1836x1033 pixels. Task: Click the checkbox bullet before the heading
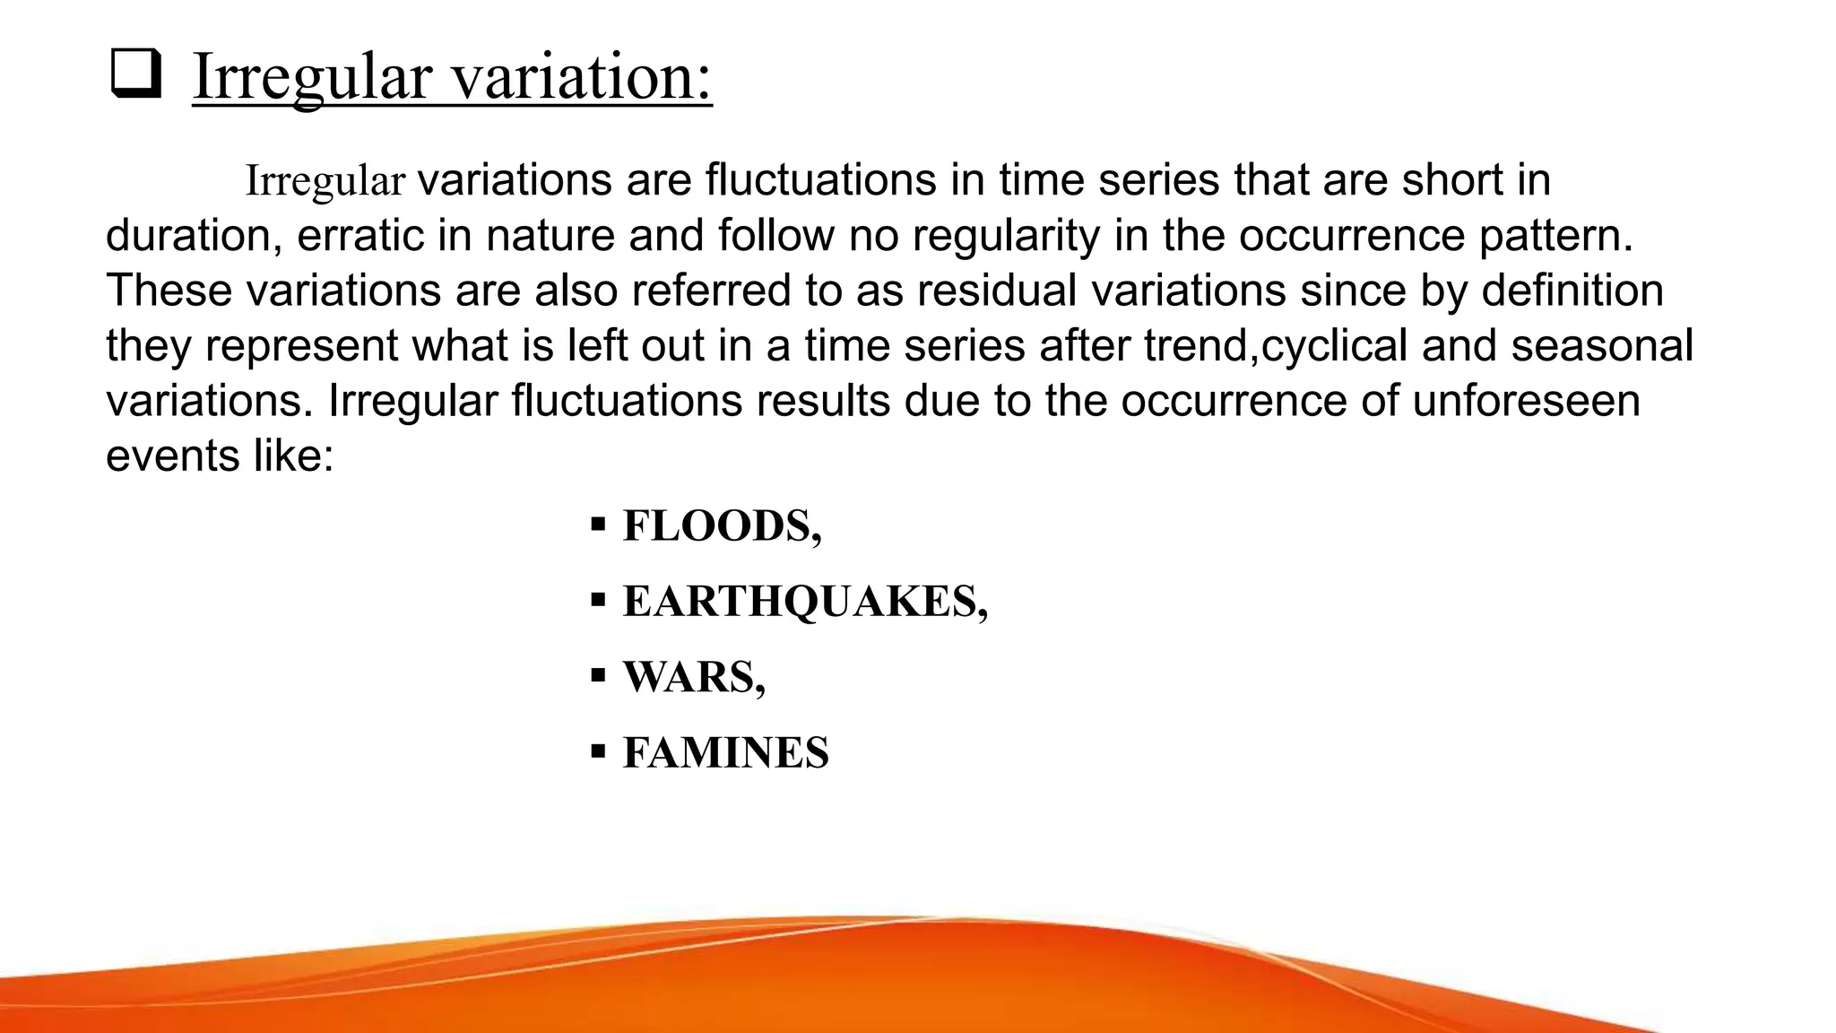click(x=135, y=75)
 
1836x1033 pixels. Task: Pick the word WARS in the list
click(x=689, y=677)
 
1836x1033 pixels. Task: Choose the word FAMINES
click(x=725, y=752)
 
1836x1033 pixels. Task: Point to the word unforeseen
click(x=1526, y=401)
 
